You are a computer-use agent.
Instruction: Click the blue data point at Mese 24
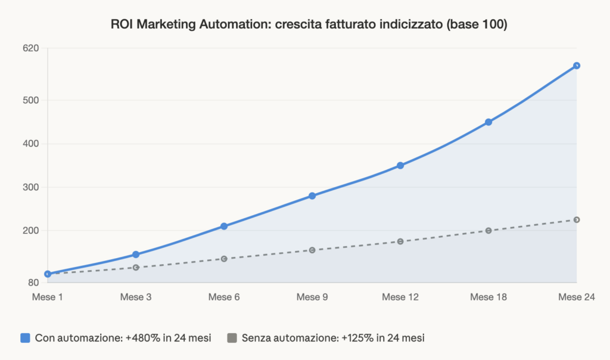click(x=577, y=66)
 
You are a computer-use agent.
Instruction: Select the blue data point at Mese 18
click(x=488, y=122)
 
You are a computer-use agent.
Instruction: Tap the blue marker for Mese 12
click(x=400, y=166)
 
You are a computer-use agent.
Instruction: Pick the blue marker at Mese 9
click(x=312, y=196)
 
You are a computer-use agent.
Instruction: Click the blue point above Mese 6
click(x=224, y=226)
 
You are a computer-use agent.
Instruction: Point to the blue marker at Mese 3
click(x=136, y=255)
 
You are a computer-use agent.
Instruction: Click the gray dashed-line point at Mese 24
click(x=577, y=220)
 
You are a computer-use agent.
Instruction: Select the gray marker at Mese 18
click(x=488, y=231)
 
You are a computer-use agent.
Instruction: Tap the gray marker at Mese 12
click(x=400, y=241)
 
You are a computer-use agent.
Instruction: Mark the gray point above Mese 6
click(x=224, y=259)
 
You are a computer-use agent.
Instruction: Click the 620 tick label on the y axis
click(x=31, y=48)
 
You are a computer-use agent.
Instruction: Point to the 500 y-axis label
click(x=31, y=100)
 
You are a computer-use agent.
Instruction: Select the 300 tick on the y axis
click(x=31, y=187)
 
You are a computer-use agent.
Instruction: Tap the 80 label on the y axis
click(x=33, y=283)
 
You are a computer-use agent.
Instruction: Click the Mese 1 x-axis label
click(x=48, y=297)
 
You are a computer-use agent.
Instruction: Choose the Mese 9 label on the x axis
click(x=312, y=297)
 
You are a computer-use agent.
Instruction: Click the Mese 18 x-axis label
click(x=488, y=297)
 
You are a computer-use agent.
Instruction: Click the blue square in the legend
click(x=25, y=338)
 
